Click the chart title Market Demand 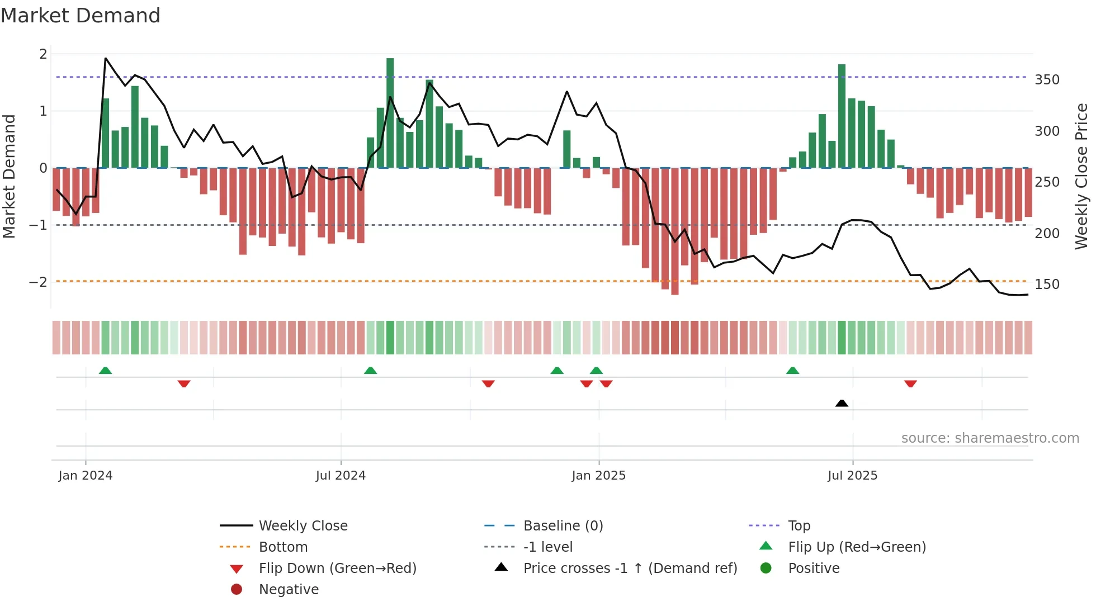pyautogui.click(x=81, y=16)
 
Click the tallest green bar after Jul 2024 pyautogui.click(x=390, y=112)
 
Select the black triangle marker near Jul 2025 pyautogui.click(x=842, y=403)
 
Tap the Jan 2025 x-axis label pyautogui.click(x=598, y=476)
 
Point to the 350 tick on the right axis pyautogui.click(x=1047, y=80)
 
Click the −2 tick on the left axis pyautogui.click(x=38, y=282)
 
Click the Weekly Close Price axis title pyautogui.click(x=1081, y=176)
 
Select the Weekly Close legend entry pyautogui.click(x=303, y=526)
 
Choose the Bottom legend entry pyautogui.click(x=283, y=547)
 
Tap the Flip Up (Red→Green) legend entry pyautogui.click(x=857, y=547)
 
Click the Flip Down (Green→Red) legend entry pyautogui.click(x=337, y=568)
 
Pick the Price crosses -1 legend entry pyautogui.click(x=630, y=568)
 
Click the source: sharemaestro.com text pyautogui.click(x=990, y=438)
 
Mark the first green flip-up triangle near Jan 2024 pyautogui.click(x=105, y=371)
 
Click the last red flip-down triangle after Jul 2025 pyautogui.click(x=910, y=383)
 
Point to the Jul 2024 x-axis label pyautogui.click(x=340, y=476)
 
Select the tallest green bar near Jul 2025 pyautogui.click(x=842, y=116)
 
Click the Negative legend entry pyautogui.click(x=289, y=590)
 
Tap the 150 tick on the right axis pyautogui.click(x=1047, y=285)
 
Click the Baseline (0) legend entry pyautogui.click(x=563, y=526)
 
